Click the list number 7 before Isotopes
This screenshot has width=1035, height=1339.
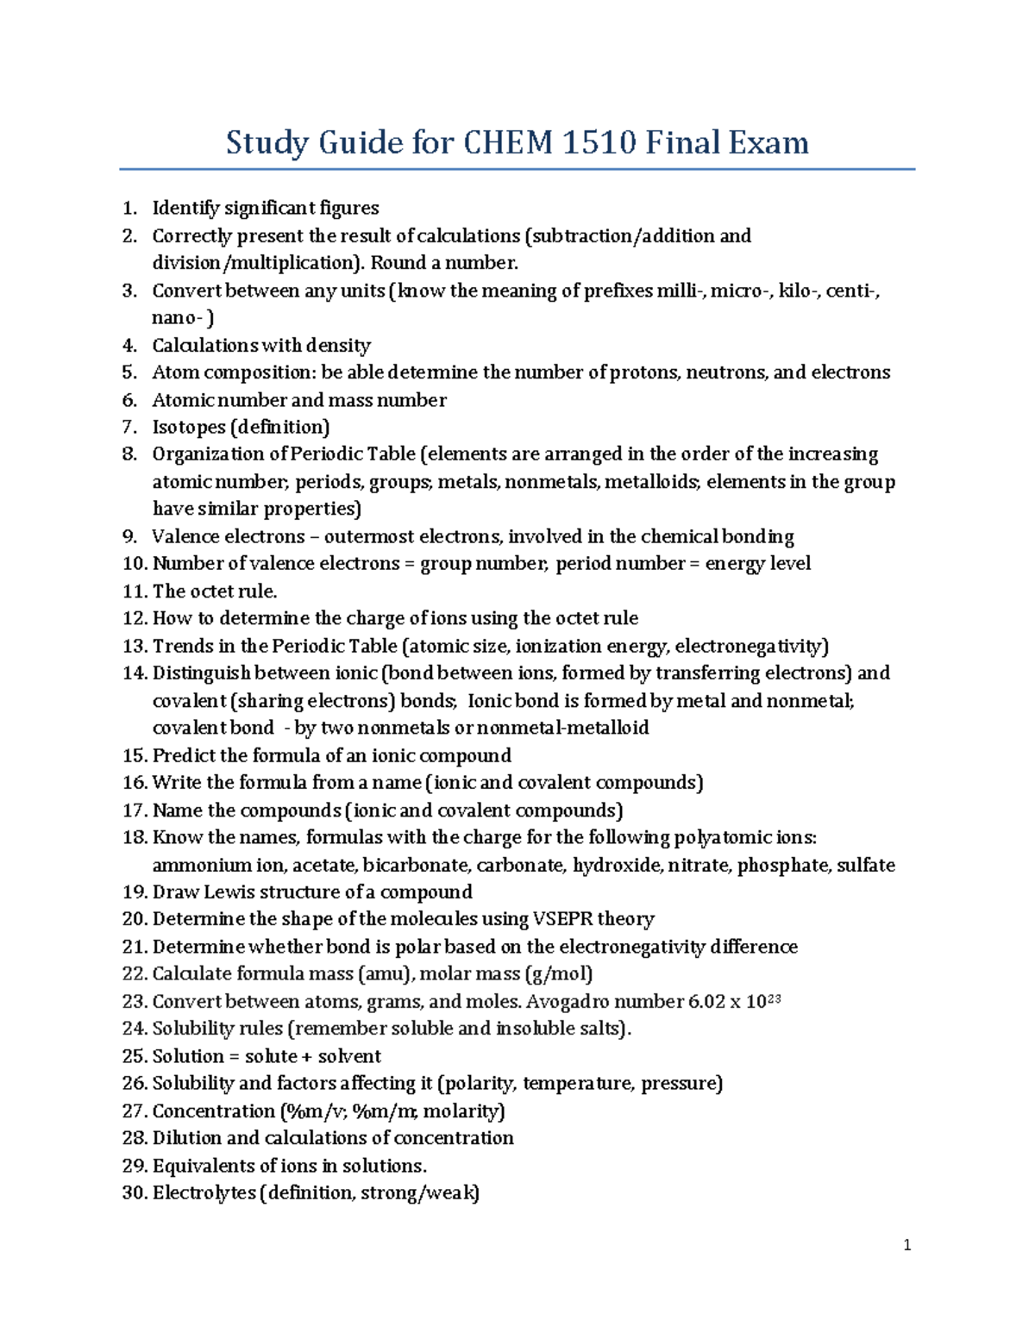click(x=129, y=427)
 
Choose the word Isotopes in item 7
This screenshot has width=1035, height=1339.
click(x=188, y=427)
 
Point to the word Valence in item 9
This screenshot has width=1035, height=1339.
click(x=185, y=536)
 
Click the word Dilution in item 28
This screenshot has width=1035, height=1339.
click(x=187, y=1138)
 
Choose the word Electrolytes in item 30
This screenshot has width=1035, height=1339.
click(x=204, y=1193)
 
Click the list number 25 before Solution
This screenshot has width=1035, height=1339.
click(x=135, y=1056)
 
